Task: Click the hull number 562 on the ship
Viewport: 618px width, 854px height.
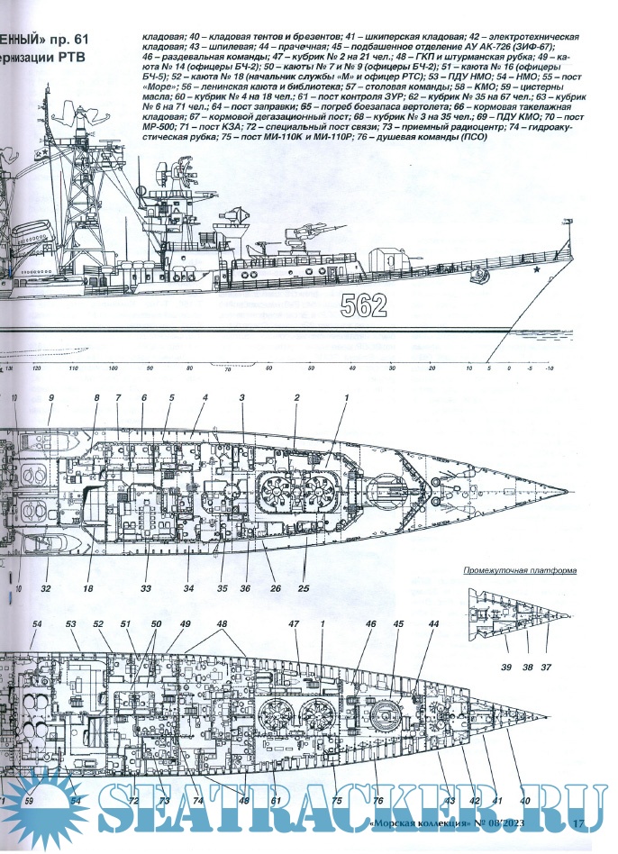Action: tap(364, 306)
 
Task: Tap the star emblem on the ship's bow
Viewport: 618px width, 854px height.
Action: tap(537, 268)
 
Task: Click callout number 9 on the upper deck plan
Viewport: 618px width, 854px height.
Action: tap(51, 397)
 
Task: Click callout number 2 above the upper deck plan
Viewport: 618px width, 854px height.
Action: tap(295, 397)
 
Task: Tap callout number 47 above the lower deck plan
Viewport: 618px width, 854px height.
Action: tap(294, 623)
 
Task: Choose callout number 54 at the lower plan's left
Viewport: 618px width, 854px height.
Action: tap(37, 623)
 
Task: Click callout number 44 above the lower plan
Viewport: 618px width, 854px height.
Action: tap(433, 623)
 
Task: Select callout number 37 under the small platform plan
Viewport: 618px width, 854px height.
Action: tap(547, 668)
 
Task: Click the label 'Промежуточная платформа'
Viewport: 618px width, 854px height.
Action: tap(520, 571)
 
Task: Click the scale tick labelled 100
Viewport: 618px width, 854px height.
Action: tap(113, 369)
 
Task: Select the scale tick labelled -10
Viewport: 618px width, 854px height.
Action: tap(550, 369)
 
